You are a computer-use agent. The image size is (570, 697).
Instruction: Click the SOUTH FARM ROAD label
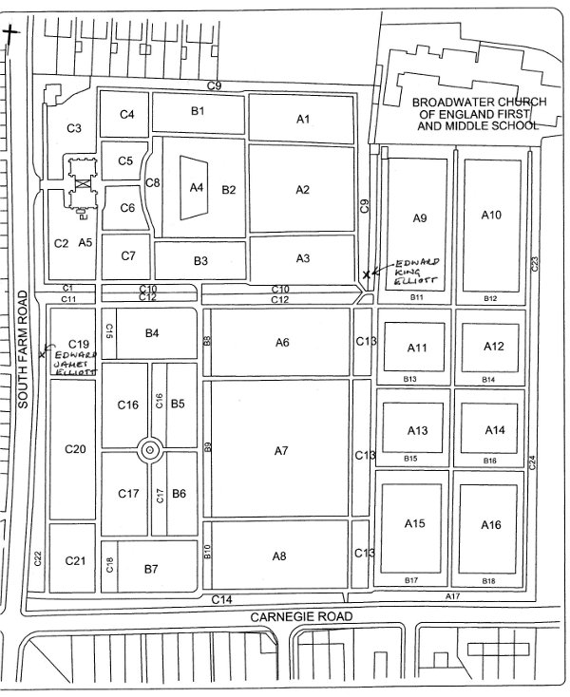(23, 349)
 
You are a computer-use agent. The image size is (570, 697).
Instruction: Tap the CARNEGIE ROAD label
(301, 616)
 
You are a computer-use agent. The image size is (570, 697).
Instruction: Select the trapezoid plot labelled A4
(194, 188)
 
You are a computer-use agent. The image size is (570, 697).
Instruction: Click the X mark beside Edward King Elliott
(367, 274)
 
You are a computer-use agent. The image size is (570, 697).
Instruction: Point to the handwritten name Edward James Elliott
(76, 364)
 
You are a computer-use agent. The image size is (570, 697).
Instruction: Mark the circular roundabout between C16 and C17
(150, 450)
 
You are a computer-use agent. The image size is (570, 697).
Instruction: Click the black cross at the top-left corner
(10, 33)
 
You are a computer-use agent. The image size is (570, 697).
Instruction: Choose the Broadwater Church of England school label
(480, 114)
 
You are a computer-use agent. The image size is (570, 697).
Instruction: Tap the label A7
(281, 451)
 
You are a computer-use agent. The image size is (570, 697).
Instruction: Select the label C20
(75, 449)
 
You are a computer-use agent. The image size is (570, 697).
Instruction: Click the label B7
(151, 569)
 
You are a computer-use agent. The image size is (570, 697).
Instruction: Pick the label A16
(491, 525)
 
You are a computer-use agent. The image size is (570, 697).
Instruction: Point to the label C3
(74, 128)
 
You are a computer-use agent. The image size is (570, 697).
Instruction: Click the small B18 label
(488, 581)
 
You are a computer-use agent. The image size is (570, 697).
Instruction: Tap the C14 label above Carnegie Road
(221, 599)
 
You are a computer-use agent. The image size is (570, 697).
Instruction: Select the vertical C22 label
(38, 558)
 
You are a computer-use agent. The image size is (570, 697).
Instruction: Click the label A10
(491, 216)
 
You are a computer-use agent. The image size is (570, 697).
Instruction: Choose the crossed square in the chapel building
(83, 182)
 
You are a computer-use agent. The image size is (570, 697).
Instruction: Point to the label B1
(198, 111)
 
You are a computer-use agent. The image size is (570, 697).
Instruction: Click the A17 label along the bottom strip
(452, 596)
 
